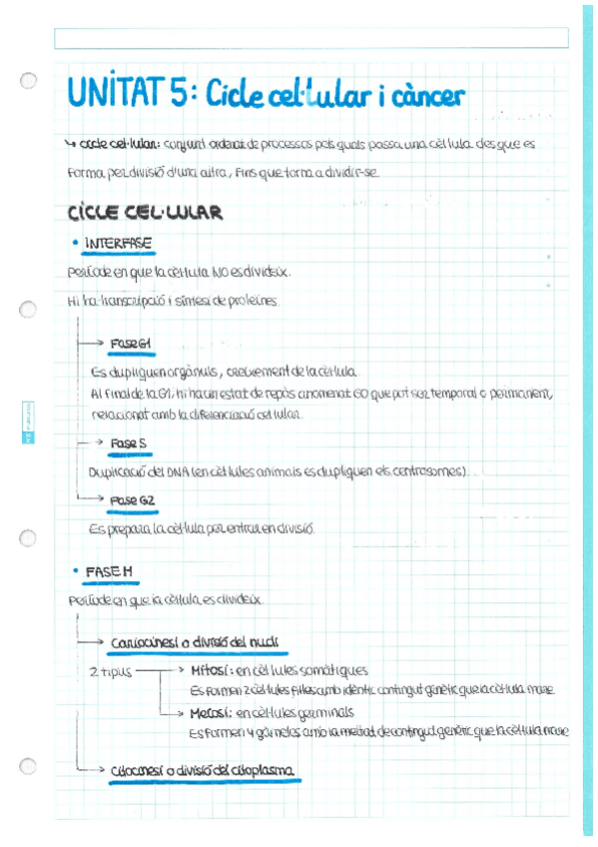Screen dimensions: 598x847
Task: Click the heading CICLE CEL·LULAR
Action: (x=145, y=214)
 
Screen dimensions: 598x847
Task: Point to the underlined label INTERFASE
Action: (x=119, y=243)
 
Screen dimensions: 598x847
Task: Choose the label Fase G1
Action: (x=131, y=344)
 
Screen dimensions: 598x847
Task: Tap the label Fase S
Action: (x=129, y=442)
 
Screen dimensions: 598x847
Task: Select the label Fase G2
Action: (x=132, y=499)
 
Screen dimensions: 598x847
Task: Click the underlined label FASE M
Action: (x=109, y=571)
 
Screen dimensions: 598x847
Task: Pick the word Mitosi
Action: (x=212, y=671)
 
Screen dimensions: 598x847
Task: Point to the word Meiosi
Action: (x=211, y=713)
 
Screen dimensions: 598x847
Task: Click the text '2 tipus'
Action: (x=110, y=672)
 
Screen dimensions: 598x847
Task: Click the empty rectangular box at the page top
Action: (x=310, y=38)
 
